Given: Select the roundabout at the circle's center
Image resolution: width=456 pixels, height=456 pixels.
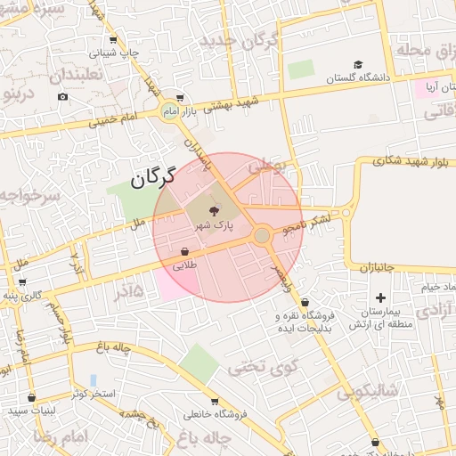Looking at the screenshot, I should (x=261, y=235).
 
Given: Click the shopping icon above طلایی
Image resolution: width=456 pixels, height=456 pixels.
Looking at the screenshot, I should (x=184, y=252).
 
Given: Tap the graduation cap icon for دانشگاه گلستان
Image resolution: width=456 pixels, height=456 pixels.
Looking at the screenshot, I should (x=358, y=64).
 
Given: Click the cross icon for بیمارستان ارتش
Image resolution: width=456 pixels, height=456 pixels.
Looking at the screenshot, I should (x=381, y=297).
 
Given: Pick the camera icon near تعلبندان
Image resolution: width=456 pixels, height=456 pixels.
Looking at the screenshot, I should (x=62, y=96).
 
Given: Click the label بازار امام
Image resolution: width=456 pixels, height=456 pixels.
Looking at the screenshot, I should (x=200, y=110).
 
